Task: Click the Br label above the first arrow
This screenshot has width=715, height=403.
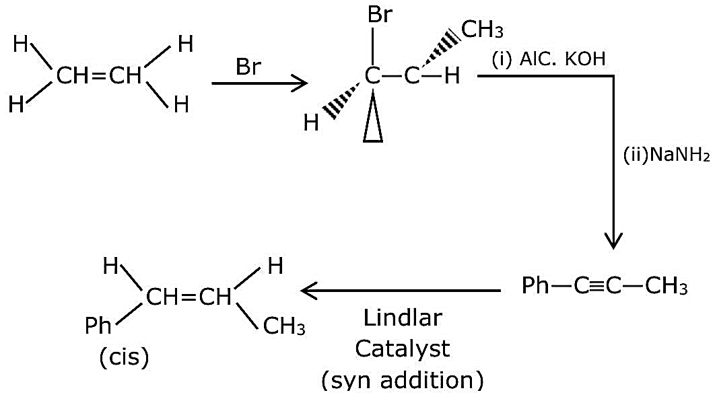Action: [248, 67]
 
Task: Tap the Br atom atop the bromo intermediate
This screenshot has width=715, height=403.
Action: [380, 15]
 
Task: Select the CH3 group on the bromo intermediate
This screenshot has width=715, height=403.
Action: [483, 30]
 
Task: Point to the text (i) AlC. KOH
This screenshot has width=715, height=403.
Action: [549, 59]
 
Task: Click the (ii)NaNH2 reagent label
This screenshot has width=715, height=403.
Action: [667, 155]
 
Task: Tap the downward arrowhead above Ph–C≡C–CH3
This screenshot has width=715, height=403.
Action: [613, 241]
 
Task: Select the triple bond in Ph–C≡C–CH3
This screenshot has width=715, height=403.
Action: [598, 287]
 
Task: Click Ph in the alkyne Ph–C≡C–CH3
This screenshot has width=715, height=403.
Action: [535, 286]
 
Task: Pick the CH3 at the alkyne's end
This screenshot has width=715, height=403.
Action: [667, 287]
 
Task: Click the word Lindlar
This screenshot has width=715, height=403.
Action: [403, 318]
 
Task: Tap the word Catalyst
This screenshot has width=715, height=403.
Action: [402, 349]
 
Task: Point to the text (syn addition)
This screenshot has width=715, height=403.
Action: [402, 380]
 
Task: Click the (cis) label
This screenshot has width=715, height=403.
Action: [124, 357]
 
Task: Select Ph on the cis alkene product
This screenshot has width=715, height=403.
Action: [98, 326]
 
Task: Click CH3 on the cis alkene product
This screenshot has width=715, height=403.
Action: [285, 326]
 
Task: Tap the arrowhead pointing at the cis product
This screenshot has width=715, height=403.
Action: [309, 291]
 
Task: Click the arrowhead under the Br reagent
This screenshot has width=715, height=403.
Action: [300, 83]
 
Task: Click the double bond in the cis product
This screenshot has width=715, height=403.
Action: [188, 297]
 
